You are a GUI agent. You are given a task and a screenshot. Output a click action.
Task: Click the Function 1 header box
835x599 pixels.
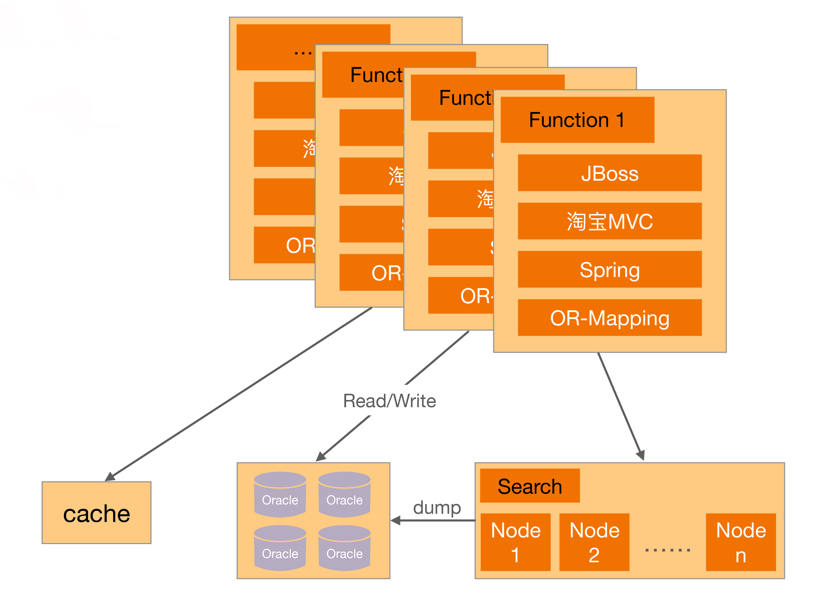click(x=577, y=120)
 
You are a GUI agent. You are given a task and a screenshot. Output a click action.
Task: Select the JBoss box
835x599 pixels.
click(x=609, y=173)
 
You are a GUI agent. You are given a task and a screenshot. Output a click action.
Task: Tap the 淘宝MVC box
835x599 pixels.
click(x=609, y=221)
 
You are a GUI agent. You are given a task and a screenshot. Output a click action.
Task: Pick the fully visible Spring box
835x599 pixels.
click(x=609, y=270)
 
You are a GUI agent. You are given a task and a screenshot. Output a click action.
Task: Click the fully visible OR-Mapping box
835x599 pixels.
click(x=609, y=318)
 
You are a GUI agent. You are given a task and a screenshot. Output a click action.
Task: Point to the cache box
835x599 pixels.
click(x=97, y=513)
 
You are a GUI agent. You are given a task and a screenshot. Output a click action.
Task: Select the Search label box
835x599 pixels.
click(x=530, y=486)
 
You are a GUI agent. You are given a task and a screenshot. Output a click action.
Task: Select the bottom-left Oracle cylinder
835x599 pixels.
click(x=280, y=548)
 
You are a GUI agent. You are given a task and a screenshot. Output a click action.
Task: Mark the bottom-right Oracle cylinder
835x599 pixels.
click(x=345, y=548)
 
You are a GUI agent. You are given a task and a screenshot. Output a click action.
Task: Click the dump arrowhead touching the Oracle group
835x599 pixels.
click(x=396, y=520)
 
